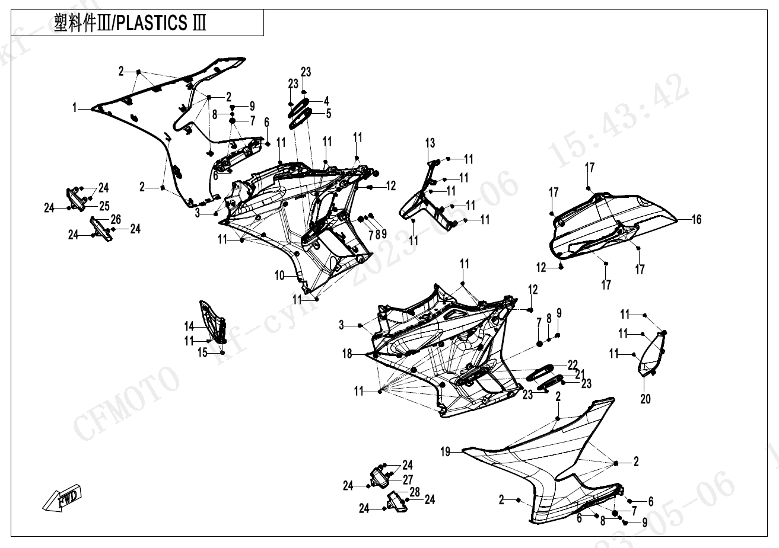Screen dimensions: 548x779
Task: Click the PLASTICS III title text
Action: pyautogui.click(x=130, y=24)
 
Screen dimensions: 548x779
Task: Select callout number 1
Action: pyautogui.click(x=75, y=108)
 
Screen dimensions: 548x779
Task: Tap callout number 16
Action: pyautogui.click(x=697, y=220)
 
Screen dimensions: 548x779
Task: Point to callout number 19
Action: pyautogui.click(x=446, y=452)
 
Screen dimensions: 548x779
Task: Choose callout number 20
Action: pyautogui.click(x=646, y=399)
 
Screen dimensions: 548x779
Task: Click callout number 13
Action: pyautogui.click(x=430, y=143)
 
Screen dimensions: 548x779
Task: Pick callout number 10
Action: pyautogui.click(x=279, y=275)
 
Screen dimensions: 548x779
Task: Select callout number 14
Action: pyautogui.click(x=189, y=326)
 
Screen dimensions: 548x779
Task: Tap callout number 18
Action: pyautogui.click(x=347, y=354)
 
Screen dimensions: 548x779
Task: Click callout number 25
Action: pyautogui.click(x=104, y=206)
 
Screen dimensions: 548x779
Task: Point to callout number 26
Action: pyautogui.click(x=116, y=220)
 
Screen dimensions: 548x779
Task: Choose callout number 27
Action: pyautogui.click(x=408, y=479)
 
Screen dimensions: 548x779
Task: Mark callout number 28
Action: pyautogui.click(x=414, y=492)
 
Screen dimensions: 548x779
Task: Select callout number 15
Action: pyautogui.click(x=203, y=353)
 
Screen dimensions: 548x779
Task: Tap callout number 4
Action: pyautogui.click(x=326, y=101)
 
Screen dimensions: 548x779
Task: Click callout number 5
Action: pyautogui.click(x=328, y=113)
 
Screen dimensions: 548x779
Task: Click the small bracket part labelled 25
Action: pyautogui.click(x=74, y=198)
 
